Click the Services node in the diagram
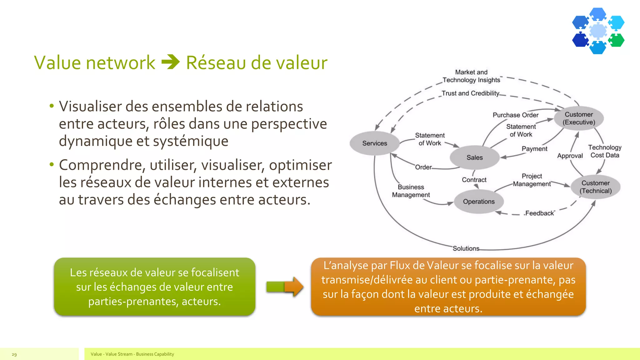[x=374, y=143]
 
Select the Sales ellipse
[x=474, y=157]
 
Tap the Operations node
[x=478, y=202]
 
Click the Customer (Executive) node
[x=578, y=118]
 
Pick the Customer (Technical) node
[x=595, y=187]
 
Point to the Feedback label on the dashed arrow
[x=540, y=213]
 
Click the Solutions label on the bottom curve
[x=466, y=248]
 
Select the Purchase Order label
[x=515, y=115]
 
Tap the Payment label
[x=534, y=149]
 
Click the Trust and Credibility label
[x=470, y=93]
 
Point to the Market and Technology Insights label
[x=471, y=76]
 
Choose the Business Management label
[x=411, y=191]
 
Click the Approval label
[x=570, y=156]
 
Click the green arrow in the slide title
[x=171, y=62]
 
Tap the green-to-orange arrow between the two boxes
[x=285, y=287]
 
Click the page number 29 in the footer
[x=14, y=354]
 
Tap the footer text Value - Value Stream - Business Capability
[x=132, y=354]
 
